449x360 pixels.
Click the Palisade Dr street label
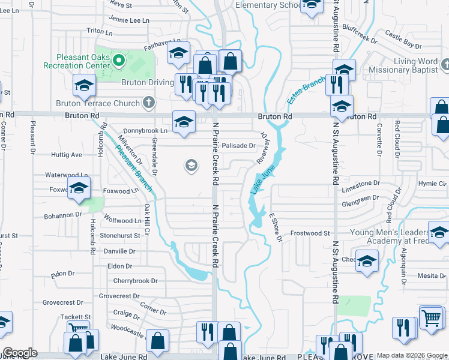point(238,146)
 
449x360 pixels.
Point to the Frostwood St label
point(310,233)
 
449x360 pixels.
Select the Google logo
point(20,353)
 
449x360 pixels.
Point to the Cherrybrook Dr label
point(135,281)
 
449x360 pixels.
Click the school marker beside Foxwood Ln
point(79,188)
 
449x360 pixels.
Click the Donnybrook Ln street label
point(145,130)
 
